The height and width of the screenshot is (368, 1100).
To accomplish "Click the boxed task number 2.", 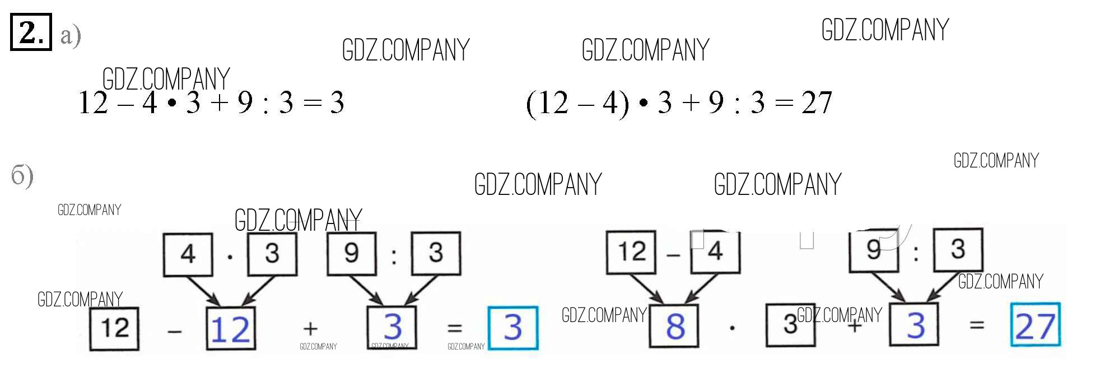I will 31,32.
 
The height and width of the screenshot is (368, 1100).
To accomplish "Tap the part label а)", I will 71,36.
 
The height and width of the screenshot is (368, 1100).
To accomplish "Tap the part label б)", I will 22,176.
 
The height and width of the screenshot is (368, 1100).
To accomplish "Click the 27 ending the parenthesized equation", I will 816,103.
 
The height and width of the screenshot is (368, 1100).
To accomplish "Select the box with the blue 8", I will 674,325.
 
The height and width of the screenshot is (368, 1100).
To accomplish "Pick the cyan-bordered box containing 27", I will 1035,325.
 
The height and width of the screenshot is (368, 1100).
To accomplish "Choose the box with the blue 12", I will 230,328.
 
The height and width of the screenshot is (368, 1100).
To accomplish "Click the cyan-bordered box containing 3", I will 512,328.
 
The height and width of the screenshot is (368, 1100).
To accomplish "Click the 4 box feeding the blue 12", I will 188,255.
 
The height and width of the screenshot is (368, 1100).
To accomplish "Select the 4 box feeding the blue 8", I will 715,252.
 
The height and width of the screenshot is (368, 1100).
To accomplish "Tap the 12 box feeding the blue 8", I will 631,252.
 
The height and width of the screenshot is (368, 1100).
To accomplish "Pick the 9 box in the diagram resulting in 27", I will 873,250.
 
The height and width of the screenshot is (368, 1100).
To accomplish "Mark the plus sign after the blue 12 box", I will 310,328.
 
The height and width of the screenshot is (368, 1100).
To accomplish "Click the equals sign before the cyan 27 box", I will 977,325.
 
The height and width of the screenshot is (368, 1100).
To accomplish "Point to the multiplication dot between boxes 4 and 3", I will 230,257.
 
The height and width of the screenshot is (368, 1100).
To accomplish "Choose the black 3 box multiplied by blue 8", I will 790,325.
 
